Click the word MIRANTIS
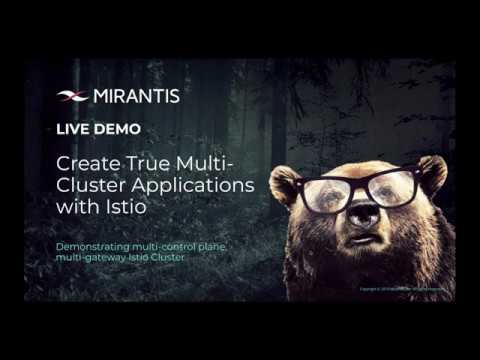(x=136, y=96)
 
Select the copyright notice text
(x=402, y=290)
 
